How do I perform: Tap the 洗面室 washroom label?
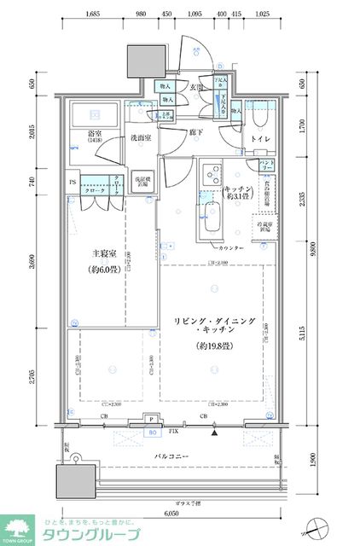point(141,138)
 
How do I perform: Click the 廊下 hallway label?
point(195,132)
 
